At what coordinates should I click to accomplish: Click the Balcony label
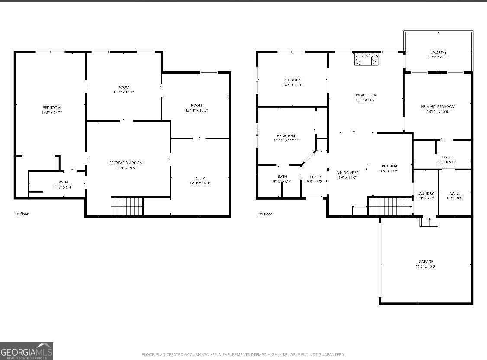(x=438, y=52)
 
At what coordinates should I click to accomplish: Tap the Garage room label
(x=426, y=262)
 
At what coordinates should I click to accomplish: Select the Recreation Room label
(x=126, y=163)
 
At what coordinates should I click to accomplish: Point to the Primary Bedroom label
(x=438, y=106)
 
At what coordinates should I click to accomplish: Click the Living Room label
(x=366, y=95)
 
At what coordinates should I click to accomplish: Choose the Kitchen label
(x=389, y=166)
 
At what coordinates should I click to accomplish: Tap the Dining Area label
(x=348, y=172)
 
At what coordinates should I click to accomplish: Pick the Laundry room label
(x=426, y=193)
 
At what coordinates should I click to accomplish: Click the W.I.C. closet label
(x=454, y=193)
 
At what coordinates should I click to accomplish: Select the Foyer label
(x=315, y=177)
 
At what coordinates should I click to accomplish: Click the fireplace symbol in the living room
(x=366, y=59)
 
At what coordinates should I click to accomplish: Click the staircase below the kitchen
(x=390, y=206)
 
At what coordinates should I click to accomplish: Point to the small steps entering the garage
(x=429, y=222)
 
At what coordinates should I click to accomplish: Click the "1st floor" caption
(x=21, y=214)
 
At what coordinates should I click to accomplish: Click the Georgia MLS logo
(x=26, y=351)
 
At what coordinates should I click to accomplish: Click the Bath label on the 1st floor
(x=63, y=182)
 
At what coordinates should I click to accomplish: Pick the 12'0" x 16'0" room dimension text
(x=200, y=183)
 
